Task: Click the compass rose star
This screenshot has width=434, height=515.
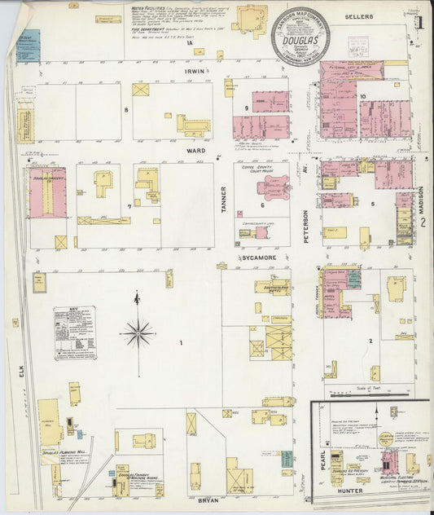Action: pos(138,332)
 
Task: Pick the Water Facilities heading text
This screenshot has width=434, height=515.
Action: pos(147,7)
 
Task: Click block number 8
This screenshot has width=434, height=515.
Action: pos(126,109)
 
